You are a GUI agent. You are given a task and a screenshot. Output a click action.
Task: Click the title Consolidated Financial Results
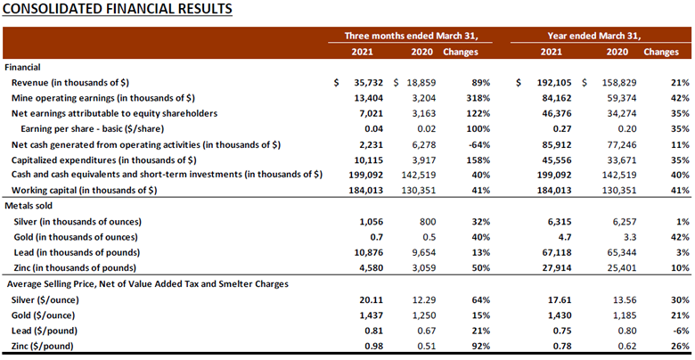pos(119,10)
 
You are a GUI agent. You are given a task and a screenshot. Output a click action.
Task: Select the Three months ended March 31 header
pos(418,36)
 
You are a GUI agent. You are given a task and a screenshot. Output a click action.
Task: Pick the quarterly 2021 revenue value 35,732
pos(369,82)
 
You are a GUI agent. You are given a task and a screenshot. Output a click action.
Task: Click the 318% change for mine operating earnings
pos(477,98)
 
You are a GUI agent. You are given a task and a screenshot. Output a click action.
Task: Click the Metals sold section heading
pos(31,206)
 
